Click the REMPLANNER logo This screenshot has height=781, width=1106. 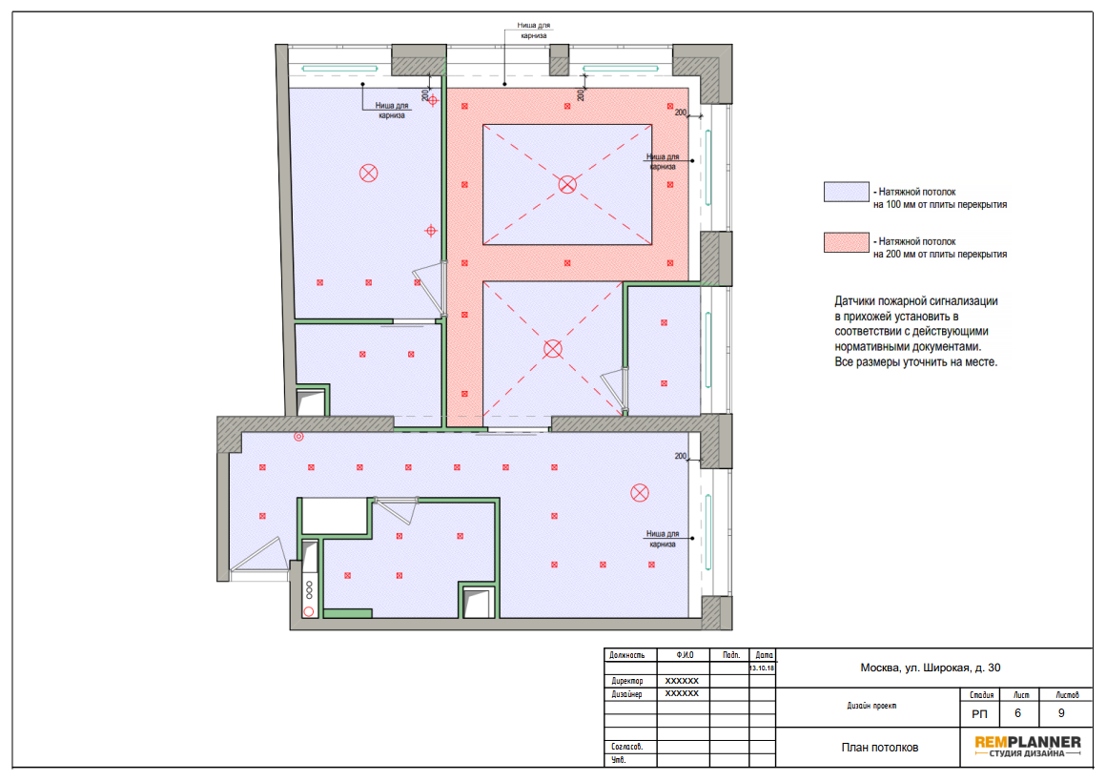coord(1027,746)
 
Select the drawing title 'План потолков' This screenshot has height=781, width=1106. coord(880,747)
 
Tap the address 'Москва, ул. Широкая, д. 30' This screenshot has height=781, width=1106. coord(930,668)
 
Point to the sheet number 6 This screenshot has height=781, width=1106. coord(1017,713)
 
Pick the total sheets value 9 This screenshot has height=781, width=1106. coord(1061,713)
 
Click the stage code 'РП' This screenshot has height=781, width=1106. coord(979,714)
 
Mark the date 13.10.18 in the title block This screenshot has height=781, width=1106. coord(762,668)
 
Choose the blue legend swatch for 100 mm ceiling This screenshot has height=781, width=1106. coord(846,192)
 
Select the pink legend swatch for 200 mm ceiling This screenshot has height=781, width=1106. coord(846,242)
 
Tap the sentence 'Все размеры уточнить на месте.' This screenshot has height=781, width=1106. coord(915,362)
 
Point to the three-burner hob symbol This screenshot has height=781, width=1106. coord(309,590)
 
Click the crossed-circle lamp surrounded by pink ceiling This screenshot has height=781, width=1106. coord(567,185)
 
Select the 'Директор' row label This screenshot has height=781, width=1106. coord(627,681)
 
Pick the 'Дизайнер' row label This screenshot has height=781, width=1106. coord(626,694)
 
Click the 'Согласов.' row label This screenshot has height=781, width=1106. coord(626,747)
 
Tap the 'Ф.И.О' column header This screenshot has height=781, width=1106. coord(685,655)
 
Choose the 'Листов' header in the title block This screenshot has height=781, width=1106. coord(1067,695)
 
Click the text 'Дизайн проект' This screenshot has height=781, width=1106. coord(871,706)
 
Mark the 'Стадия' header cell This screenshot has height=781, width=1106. coord(981,695)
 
